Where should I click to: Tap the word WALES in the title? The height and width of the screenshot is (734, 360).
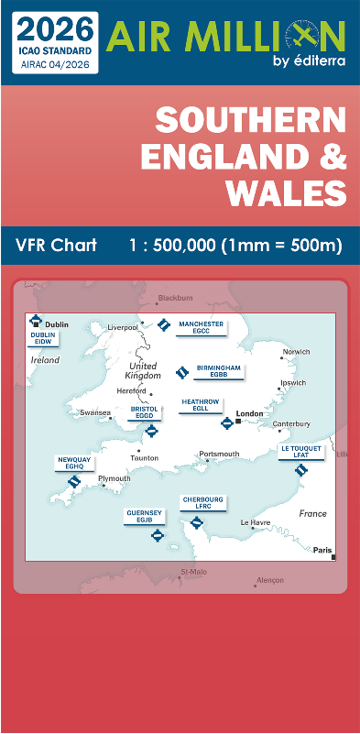pos(288,193)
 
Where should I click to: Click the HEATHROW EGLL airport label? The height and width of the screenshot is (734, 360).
pos(201,404)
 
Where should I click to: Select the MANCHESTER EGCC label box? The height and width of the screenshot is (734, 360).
pos(201,327)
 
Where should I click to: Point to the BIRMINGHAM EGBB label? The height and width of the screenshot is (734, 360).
pos(218,370)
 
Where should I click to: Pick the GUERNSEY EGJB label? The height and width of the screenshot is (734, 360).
pos(144,516)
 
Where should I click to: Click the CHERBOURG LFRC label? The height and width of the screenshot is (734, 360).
pos(202,504)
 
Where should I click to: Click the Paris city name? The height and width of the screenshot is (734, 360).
pos(322,550)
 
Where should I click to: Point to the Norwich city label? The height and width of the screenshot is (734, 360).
pos(296,352)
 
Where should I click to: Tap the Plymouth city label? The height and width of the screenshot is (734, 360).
pos(115,478)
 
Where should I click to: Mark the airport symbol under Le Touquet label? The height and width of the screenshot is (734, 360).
pos(301,471)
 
